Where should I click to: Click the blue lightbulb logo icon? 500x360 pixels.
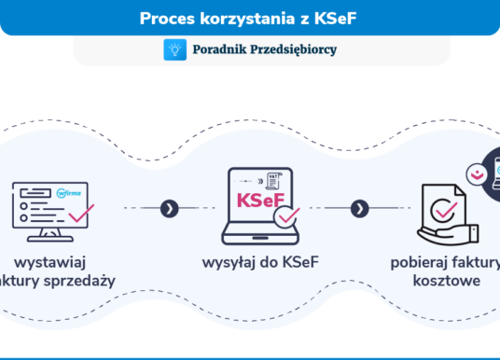[174, 50]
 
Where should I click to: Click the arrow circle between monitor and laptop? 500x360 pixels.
[168, 208]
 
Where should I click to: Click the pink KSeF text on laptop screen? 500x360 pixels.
[260, 201]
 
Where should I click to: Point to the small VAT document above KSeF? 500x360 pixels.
[275, 177]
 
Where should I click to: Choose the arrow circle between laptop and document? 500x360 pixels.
[358, 208]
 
